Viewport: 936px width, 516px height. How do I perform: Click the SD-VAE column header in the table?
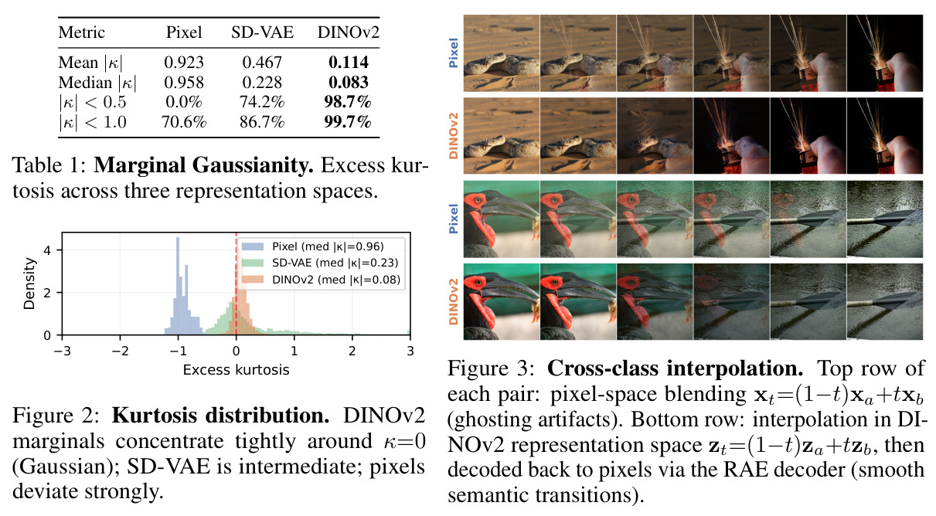tap(262, 32)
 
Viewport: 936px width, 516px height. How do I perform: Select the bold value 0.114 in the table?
tap(349, 63)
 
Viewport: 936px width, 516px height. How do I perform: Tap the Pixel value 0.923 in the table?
tap(184, 63)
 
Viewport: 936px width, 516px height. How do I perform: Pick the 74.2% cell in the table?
tap(262, 102)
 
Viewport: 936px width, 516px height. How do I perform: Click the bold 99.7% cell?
tap(348, 122)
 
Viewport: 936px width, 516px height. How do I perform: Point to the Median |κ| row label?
tap(97, 83)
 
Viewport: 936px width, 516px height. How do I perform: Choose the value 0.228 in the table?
tap(262, 82)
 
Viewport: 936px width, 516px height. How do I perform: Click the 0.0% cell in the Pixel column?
tap(184, 102)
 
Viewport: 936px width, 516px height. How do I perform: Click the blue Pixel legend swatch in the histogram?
tap(253, 246)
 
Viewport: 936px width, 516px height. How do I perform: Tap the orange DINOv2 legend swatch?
tap(253, 280)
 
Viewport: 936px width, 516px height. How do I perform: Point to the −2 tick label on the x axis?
tap(121, 351)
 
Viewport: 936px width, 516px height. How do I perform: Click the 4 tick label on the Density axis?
tap(47, 250)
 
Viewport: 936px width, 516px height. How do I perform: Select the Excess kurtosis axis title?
tap(236, 370)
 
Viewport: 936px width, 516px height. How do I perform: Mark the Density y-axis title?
tap(29, 283)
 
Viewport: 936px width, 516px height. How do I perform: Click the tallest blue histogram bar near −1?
tap(178, 286)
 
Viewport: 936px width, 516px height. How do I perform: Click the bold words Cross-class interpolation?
tap(675, 368)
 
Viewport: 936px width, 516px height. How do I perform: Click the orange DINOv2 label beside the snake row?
tap(454, 136)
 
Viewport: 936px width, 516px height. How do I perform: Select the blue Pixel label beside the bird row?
tap(454, 219)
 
